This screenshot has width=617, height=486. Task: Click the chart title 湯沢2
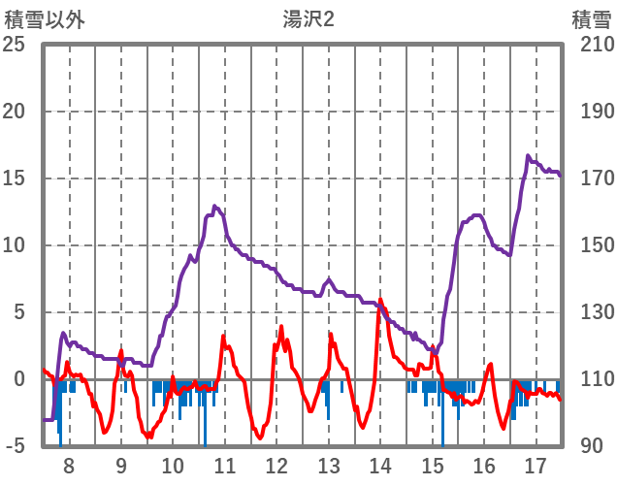coord(302,18)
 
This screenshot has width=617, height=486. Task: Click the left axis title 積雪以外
coord(46,18)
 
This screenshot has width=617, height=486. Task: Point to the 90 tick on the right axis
coord(591,447)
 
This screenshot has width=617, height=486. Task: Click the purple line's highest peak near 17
coord(529,155)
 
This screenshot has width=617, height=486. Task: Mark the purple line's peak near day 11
coord(214,206)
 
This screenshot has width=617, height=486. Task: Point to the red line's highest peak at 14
coord(380,300)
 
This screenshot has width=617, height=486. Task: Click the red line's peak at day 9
coord(121,350)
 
